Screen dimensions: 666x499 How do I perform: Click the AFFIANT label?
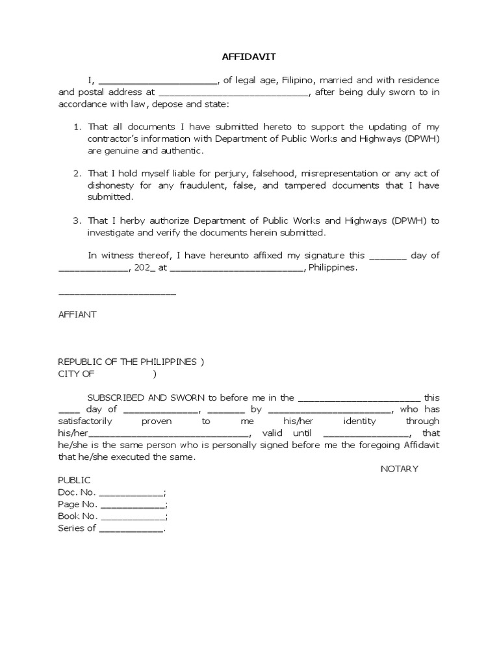pyautogui.click(x=77, y=314)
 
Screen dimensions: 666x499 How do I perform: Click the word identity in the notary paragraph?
pyautogui.click(x=359, y=421)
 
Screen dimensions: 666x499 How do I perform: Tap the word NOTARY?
pyautogui.click(x=400, y=468)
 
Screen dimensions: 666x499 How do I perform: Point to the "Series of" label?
pyautogui.click(x=77, y=528)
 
